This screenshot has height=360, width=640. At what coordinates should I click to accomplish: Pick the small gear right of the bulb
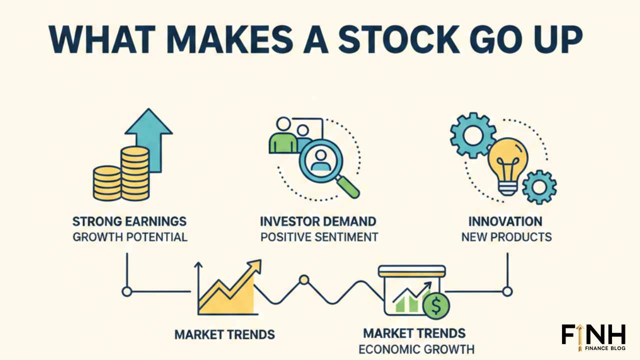[x=538, y=187]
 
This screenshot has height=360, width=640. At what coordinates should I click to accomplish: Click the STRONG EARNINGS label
[x=129, y=221]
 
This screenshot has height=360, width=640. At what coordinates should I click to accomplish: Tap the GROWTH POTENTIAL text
[x=129, y=236]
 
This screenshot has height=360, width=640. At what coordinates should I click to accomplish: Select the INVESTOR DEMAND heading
[x=318, y=221]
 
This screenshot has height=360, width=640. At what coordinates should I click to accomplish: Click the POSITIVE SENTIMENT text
[x=319, y=236]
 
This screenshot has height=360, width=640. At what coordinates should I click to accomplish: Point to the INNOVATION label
[x=505, y=221]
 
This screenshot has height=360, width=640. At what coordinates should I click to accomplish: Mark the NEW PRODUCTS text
[x=506, y=236]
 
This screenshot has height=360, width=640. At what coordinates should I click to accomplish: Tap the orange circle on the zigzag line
[x=303, y=280]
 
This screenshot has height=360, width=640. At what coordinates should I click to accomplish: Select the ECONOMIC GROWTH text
[x=416, y=348]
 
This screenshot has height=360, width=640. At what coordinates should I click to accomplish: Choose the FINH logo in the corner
[x=593, y=336]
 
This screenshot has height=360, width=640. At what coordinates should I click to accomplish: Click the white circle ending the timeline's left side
[x=127, y=291]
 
